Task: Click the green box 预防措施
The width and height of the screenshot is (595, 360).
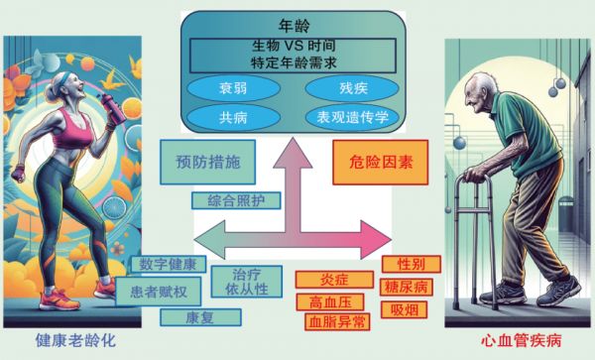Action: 201,160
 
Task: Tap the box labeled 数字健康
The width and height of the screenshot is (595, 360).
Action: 168,266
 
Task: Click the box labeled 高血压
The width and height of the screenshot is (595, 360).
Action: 328,301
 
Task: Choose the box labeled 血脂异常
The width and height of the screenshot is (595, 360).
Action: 336,321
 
